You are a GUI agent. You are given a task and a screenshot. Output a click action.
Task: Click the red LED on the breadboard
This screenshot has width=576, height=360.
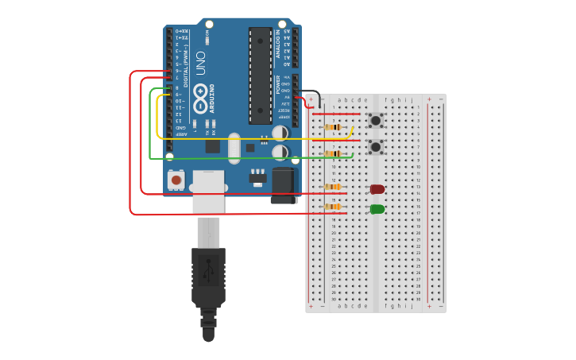click(x=377, y=189)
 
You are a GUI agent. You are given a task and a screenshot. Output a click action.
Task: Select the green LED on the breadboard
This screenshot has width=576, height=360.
click(x=377, y=209)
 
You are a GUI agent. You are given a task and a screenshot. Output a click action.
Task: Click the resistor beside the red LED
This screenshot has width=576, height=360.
click(x=333, y=188)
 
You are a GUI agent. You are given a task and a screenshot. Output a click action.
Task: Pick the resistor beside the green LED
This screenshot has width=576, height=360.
click(x=333, y=207)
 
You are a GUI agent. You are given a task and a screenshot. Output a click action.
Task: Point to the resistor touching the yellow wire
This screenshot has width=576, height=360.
click(x=334, y=127)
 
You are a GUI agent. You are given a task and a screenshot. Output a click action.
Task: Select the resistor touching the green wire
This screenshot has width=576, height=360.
click(x=334, y=153)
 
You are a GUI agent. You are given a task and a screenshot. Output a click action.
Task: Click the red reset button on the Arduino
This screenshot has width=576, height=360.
click(x=176, y=180)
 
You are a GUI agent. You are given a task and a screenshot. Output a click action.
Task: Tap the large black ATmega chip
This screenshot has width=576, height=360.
click(x=260, y=75)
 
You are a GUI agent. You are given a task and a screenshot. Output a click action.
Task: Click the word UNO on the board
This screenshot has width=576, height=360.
click(x=200, y=64)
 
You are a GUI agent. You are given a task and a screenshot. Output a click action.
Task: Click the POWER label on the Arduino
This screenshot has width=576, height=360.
click(x=277, y=83)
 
